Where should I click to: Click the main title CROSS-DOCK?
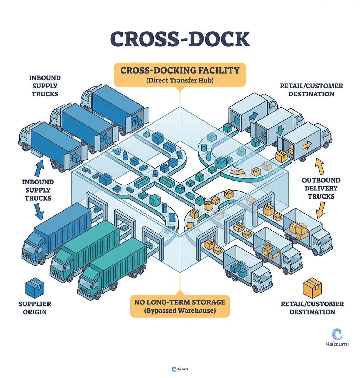[180, 39]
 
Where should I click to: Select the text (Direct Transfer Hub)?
[180, 81]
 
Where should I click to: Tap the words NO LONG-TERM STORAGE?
[180, 302]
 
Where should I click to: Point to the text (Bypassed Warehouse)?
[180, 311]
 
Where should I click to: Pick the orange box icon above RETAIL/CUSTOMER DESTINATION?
[312, 288]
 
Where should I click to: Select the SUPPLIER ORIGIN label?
[35, 308]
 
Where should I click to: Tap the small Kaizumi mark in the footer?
[180, 369]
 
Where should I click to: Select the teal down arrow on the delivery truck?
[280, 130]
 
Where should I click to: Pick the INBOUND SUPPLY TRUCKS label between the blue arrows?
[38, 190]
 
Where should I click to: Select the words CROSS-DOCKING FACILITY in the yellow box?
[180, 70]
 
